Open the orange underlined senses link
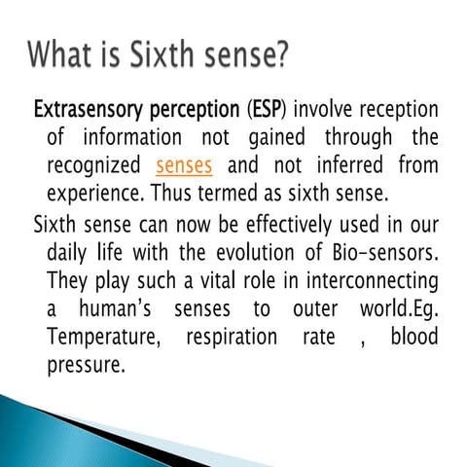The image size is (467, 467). [x=184, y=162]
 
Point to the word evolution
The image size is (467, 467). [x=262, y=253]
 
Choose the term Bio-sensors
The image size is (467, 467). [x=383, y=253]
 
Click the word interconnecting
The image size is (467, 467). [x=371, y=280]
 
